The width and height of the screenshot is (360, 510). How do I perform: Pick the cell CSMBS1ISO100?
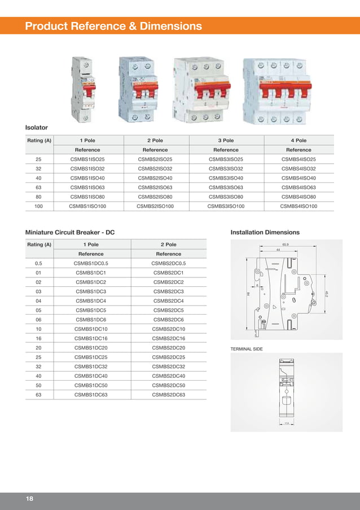pos(87,206)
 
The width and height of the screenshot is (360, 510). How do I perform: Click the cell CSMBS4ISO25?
pos(298,159)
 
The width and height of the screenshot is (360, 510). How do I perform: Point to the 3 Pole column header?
pos(226,140)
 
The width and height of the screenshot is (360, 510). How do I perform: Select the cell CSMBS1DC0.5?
pos(91,263)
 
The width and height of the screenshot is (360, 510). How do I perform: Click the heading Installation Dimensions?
pos(265,232)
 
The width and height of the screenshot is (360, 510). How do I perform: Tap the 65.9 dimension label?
pos(286,245)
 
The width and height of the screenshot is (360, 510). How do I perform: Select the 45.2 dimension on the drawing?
pos(327,294)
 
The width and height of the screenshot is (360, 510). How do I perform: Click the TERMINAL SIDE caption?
pos(247,349)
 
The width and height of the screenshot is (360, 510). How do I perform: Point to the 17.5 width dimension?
pos(287,423)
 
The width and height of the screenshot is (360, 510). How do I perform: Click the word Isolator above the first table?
pos(37,128)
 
